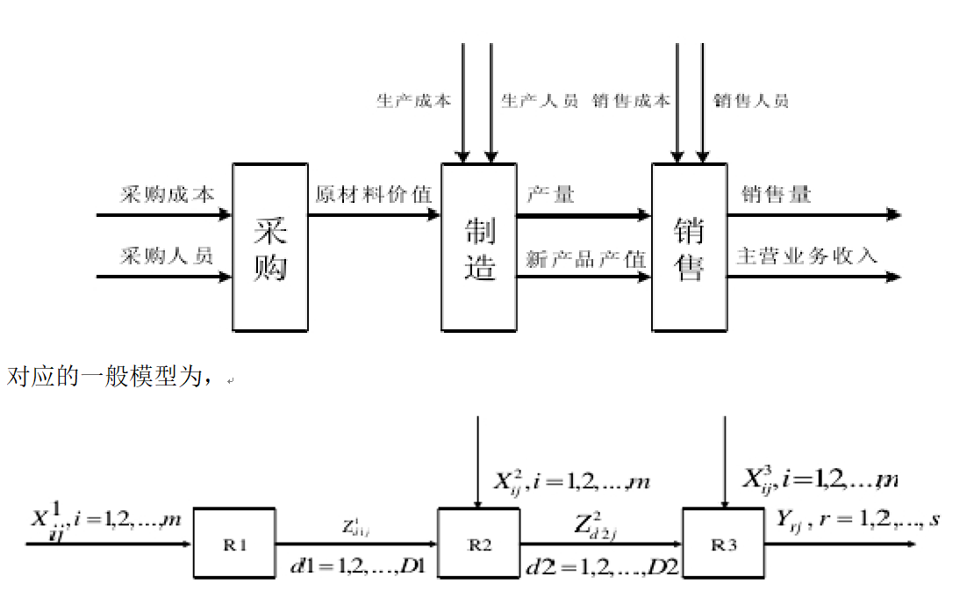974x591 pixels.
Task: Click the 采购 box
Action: (270, 247)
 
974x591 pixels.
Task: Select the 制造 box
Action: (478, 247)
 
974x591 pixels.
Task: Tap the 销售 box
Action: (689, 247)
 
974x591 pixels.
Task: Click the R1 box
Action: (234, 544)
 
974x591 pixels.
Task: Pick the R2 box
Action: (478, 544)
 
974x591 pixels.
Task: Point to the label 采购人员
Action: (167, 256)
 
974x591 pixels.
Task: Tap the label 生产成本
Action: (414, 101)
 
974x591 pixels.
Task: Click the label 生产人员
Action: (540, 101)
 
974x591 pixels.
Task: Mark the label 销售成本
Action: (631, 101)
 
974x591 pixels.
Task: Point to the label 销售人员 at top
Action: (751, 101)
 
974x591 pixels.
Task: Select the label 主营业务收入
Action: (807, 256)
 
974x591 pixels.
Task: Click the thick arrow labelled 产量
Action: (584, 215)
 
